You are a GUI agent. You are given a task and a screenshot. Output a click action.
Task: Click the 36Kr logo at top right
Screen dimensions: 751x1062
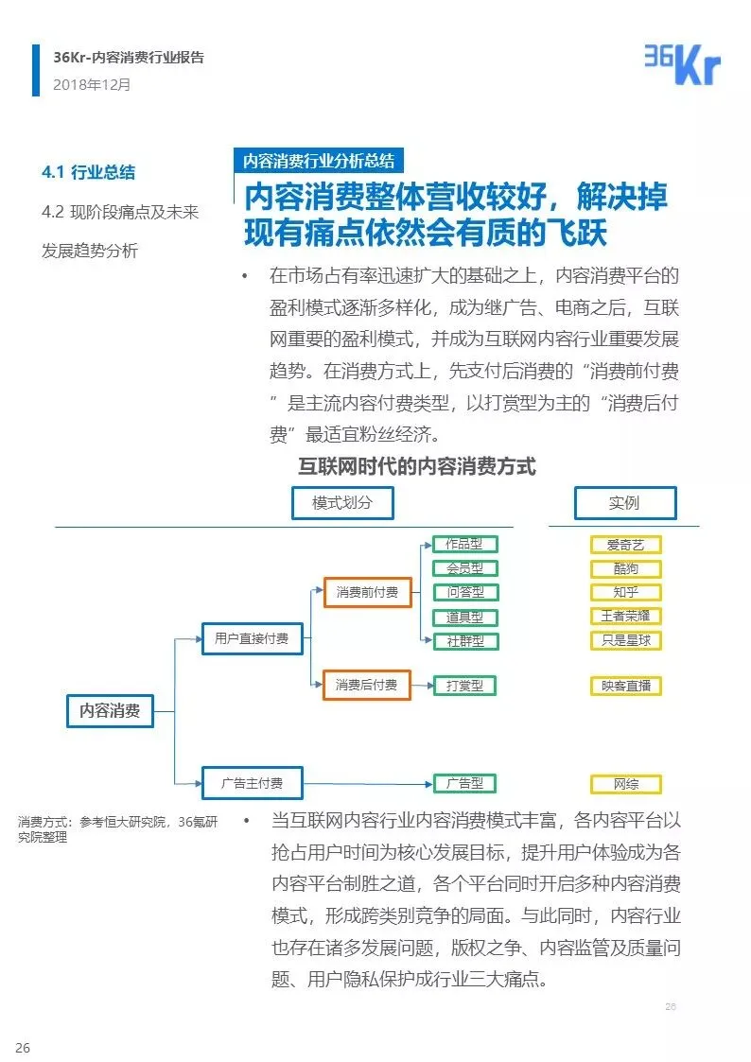682,63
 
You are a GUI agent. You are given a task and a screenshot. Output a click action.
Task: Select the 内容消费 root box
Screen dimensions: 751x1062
109,711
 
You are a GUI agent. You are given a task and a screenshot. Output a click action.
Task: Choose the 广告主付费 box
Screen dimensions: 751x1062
252,783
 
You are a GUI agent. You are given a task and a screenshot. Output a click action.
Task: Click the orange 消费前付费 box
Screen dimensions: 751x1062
367,593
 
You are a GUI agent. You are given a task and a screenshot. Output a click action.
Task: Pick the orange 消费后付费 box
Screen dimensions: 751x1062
367,685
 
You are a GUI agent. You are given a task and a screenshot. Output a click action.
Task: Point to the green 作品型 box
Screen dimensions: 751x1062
464,544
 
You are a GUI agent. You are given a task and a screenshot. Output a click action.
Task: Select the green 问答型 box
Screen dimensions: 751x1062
464,592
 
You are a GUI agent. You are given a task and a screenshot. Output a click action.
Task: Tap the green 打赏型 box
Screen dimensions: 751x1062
464,686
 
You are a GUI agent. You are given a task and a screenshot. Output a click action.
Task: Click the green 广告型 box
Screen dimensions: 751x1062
464,783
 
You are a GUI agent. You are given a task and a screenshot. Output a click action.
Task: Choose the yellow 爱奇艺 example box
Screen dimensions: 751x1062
625,545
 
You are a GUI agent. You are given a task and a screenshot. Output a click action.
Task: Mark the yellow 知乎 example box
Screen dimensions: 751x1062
625,593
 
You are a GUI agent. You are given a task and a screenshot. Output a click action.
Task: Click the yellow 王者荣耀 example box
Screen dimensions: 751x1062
625,616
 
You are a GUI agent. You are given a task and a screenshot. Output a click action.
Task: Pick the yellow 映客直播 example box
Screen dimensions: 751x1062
625,686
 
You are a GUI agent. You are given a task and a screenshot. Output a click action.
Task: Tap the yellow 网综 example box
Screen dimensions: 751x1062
625,784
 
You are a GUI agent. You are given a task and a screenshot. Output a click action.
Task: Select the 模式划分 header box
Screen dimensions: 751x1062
342,503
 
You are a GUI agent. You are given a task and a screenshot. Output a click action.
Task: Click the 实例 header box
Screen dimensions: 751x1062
624,503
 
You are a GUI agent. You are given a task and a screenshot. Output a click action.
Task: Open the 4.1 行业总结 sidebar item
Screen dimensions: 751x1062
88,172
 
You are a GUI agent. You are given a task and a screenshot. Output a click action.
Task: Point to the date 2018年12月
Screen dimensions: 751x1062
92,84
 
